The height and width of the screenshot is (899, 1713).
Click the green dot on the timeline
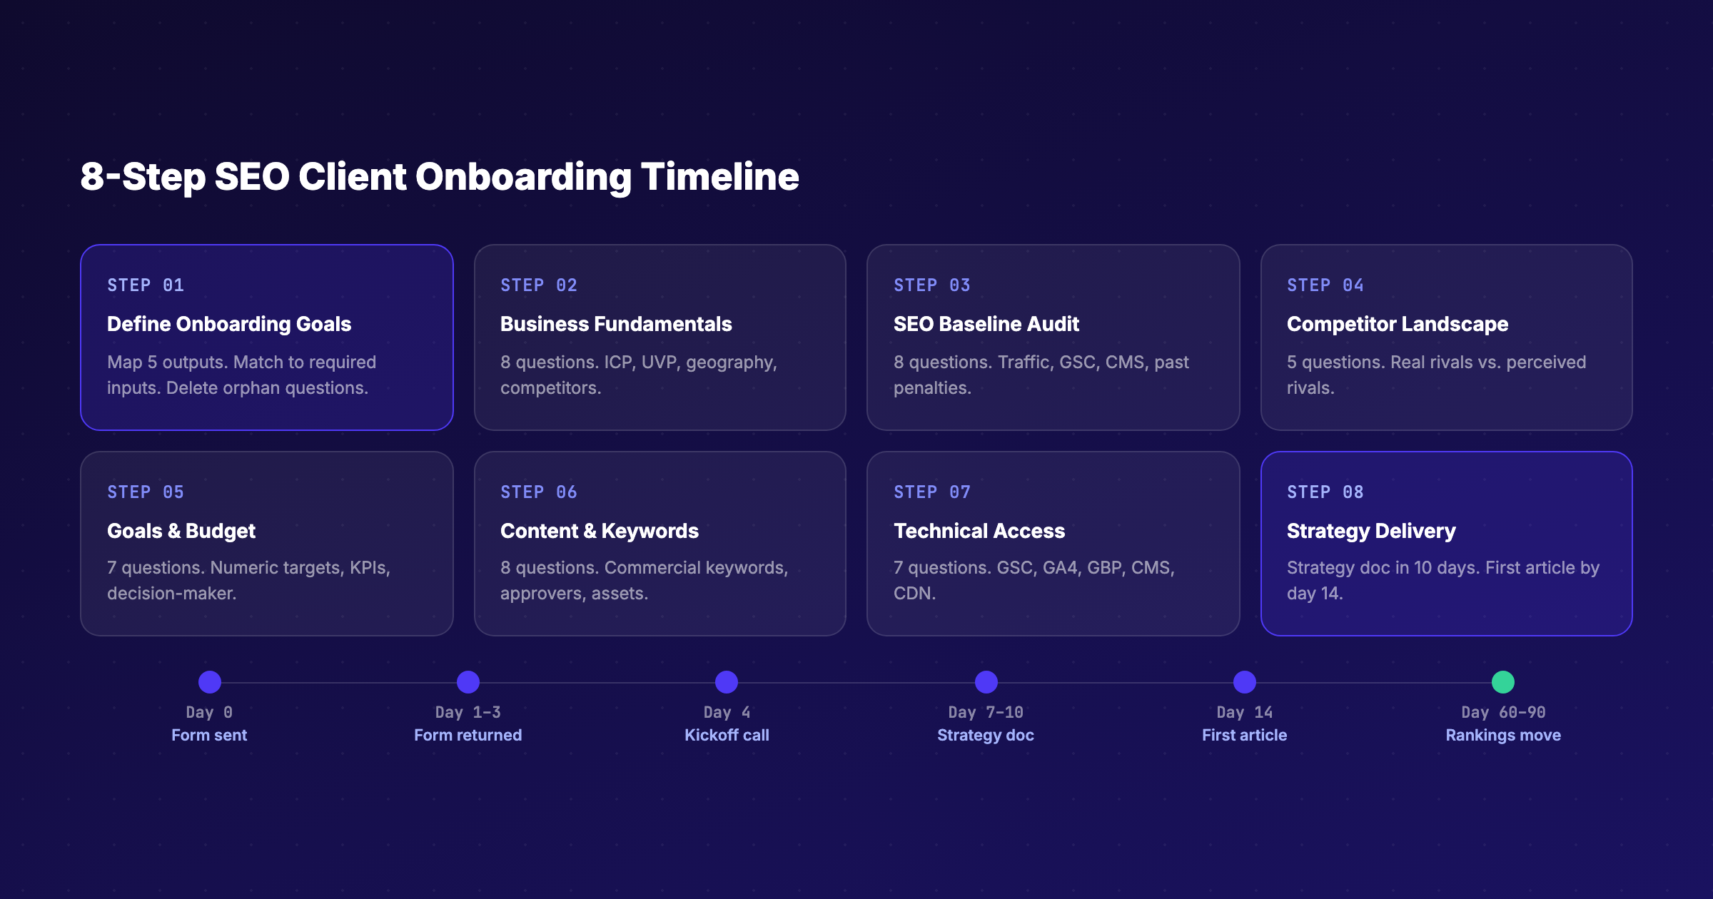(x=1502, y=682)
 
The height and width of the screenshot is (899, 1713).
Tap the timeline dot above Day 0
(x=209, y=682)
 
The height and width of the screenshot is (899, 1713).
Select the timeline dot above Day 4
(x=726, y=682)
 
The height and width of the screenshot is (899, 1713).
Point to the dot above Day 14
(x=1244, y=682)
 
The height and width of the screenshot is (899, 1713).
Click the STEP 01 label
(x=146, y=285)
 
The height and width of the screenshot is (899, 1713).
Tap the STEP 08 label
(x=1325, y=492)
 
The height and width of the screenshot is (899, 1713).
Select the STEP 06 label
(x=538, y=492)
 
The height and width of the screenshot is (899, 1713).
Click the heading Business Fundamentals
(x=615, y=324)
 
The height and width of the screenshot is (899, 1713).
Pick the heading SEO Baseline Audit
(x=986, y=324)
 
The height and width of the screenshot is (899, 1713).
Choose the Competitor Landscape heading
(x=1397, y=324)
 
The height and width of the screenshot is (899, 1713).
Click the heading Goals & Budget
(x=181, y=531)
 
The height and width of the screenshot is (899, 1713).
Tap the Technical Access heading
(x=979, y=531)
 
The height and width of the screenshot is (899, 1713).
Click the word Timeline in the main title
(x=719, y=177)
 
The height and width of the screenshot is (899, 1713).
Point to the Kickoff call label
(x=727, y=735)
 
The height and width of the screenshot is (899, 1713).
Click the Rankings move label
(x=1502, y=735)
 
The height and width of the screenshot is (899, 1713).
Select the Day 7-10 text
(x=985, y=712)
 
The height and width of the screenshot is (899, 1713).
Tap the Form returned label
(x=468, y=735)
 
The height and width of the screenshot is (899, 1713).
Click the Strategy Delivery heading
(x=1370, y=531)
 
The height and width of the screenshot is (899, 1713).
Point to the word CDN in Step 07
(x=913, y=594)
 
